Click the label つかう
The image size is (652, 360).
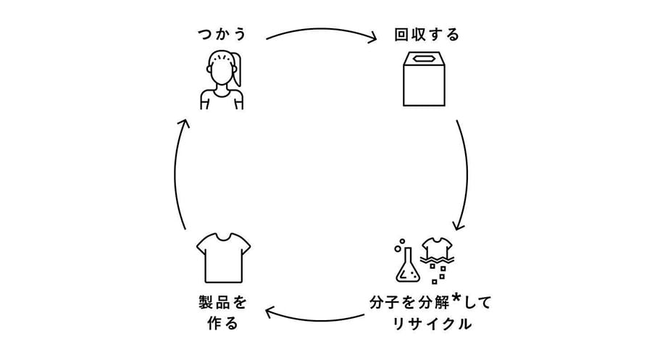222,35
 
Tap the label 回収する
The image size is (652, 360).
427,35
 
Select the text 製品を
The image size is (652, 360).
223,302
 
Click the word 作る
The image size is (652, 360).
223,323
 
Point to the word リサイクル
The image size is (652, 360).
432,324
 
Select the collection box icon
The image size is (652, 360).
424,79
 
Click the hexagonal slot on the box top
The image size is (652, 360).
424,59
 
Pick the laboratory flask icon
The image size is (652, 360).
407,265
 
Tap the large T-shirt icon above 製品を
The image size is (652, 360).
223,258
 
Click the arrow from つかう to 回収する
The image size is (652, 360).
322,30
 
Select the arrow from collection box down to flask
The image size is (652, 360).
466,175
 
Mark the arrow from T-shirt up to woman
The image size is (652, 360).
175,175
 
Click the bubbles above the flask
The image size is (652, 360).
400,246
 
